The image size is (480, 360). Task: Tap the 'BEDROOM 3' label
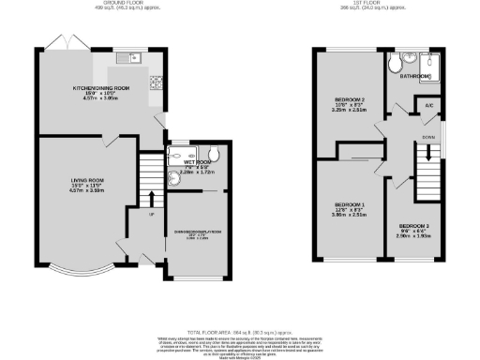click(x=412, y=227)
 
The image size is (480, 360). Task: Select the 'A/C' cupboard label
click(x=427, y=106)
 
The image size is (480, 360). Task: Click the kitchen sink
click(x=128, y=59)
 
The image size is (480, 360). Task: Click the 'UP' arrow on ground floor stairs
click(x=152, y=197)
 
